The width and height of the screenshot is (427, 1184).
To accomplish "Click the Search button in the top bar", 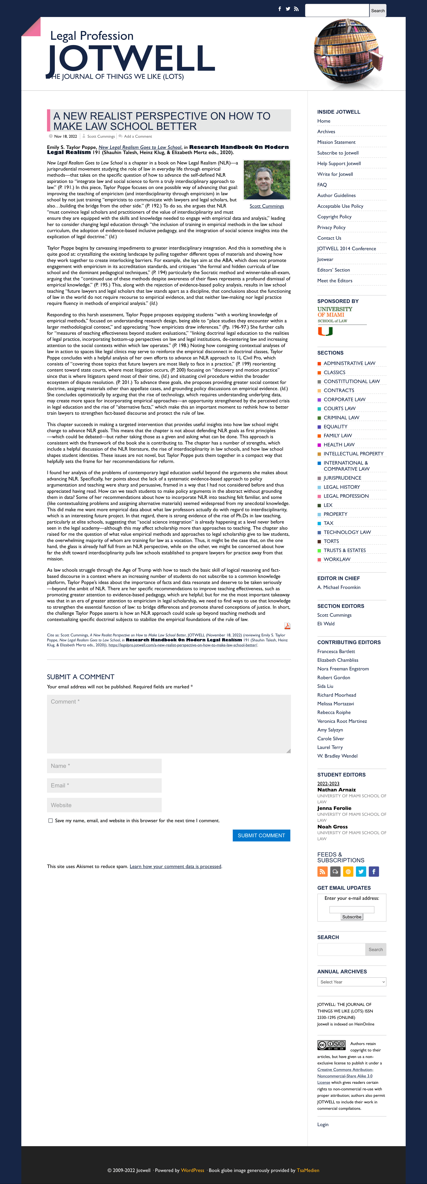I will pyautogui.click(x=378, y=11).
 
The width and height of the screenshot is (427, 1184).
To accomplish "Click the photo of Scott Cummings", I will pyautogui.click(x=267, y=180).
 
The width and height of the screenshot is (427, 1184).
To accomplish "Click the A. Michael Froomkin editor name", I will pyautogui.click(x=339, y=587).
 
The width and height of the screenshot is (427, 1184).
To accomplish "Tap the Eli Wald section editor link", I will pyautogui.click(x=326, y=624).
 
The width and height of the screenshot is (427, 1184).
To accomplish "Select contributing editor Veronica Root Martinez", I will pyautogui.click(x=342, y=721).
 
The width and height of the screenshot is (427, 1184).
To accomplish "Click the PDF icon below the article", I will pyautogui.click(x=287, y=626).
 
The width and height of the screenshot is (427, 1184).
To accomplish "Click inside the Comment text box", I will pyautogui.click(x=168, y=723).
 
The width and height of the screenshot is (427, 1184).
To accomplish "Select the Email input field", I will pyautogui.click(x=104, y=785).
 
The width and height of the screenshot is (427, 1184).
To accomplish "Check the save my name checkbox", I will pyautogui.click(x=51, y=820).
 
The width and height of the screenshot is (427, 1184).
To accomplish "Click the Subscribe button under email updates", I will pyautogui.click(x=352, y=916).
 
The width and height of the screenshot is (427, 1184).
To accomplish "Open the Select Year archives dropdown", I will pyautogui.click(x=352, y=982).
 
